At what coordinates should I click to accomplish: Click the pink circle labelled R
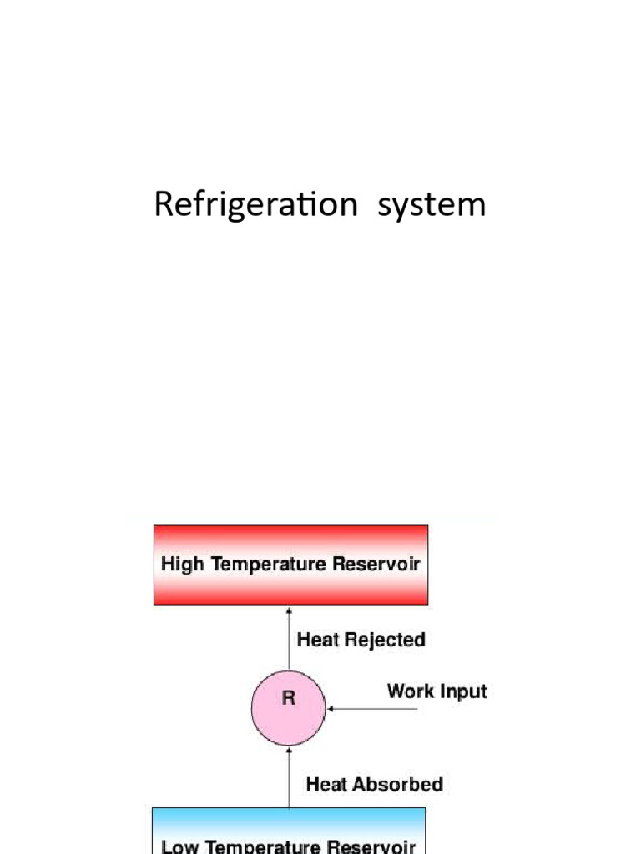[x=289, y=709]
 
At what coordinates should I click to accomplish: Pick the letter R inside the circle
[x=289, y=699]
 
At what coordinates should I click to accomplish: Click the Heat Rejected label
[x=361, y=640]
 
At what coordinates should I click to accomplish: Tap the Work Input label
[x=437, y=691]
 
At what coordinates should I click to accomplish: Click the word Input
[x=464, y=691]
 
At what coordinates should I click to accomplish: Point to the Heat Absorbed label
[x=375, y=785]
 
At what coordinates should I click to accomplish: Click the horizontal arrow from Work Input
[x=373, y=710]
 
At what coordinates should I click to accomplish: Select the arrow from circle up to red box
[x=289, y=639]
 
